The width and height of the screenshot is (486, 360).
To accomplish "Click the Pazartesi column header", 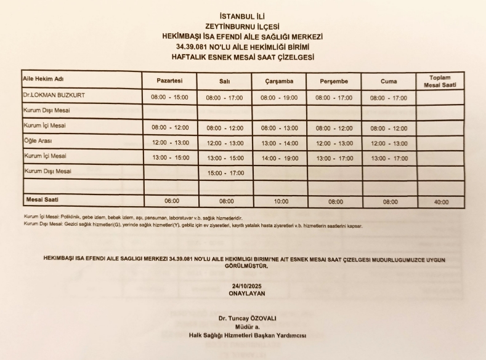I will coord(170,81).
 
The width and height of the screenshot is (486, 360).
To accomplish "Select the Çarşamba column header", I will coord(279,81).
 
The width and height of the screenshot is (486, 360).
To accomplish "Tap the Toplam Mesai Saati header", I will coord(440,81).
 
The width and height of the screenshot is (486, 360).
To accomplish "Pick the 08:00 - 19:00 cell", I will coord(279,97).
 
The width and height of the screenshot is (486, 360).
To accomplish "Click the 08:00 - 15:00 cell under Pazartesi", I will coord(170,97).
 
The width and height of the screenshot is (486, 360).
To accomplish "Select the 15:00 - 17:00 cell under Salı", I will coord(224,173).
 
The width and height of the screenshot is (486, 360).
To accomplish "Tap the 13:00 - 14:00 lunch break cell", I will coord(279,143).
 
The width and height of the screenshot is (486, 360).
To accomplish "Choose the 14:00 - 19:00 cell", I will coord(279,158).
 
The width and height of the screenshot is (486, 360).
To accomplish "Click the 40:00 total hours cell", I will coord(440,201).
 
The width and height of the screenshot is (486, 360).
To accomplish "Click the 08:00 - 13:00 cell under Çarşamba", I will coord(279,128).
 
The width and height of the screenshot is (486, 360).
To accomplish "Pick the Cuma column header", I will coord(389,81).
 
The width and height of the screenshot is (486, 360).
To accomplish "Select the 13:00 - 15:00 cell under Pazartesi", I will coord(170,158).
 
